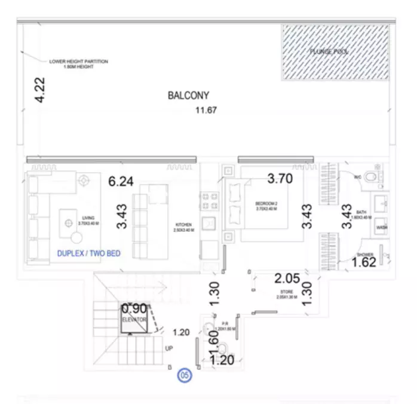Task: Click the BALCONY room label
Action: (x=188, y=95)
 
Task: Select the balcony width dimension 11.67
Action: (x=206, y=110)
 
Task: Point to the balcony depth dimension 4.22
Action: (x=40, y=90)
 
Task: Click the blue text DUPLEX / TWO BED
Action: (x=88, y=253)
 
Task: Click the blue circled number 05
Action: (x=185, y=376)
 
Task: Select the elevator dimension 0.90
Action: (x=134, y=309)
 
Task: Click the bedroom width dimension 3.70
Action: (x=280, y=178)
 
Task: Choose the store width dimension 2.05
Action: (x=287, y=278)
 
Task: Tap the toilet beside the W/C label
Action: (x=371, y=176)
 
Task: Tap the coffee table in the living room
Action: (x=70, y=223)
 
